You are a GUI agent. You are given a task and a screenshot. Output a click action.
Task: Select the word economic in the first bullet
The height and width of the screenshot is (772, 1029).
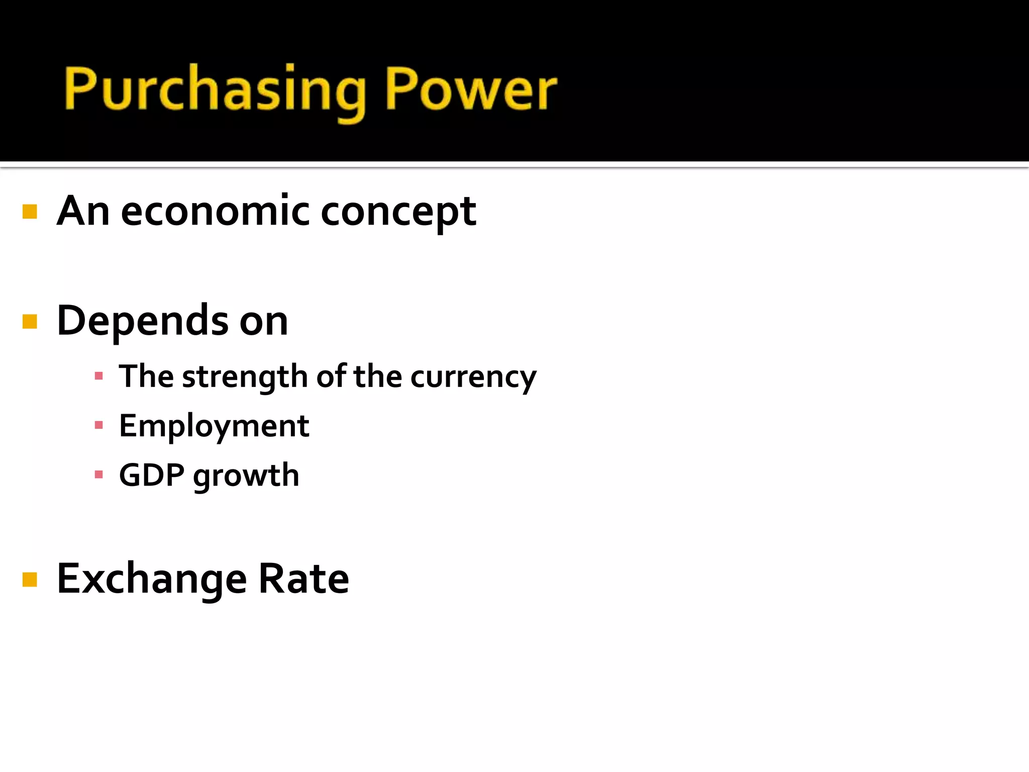(215, 211)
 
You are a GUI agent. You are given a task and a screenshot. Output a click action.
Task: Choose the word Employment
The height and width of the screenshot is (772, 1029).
(214, 426)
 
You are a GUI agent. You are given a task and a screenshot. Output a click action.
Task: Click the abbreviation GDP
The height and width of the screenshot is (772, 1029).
(152, 475)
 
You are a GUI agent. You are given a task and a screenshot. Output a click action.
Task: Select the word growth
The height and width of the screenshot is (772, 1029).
(246, 476)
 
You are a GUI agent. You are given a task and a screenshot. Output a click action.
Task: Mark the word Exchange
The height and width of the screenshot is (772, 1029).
(152, 578)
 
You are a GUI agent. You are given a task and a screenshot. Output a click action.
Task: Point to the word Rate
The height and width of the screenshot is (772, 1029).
(303, 578)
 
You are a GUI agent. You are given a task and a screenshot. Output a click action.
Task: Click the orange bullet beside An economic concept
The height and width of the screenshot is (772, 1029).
(30, 212)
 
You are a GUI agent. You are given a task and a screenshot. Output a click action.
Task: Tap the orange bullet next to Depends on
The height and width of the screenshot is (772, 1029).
(30, 321)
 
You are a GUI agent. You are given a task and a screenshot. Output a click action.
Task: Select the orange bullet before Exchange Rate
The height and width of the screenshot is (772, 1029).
(30, 580)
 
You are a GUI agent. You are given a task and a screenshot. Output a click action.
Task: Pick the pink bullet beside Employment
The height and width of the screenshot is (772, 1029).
(98, 425)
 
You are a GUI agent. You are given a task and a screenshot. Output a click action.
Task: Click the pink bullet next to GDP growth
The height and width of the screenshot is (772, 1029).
(98, 474)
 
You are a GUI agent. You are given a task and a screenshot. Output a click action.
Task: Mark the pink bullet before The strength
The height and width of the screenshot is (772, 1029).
(98, 376)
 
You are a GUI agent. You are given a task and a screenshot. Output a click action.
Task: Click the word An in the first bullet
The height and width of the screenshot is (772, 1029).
(83, 211)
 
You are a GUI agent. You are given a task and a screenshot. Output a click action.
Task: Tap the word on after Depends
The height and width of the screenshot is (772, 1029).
(264, 322)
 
